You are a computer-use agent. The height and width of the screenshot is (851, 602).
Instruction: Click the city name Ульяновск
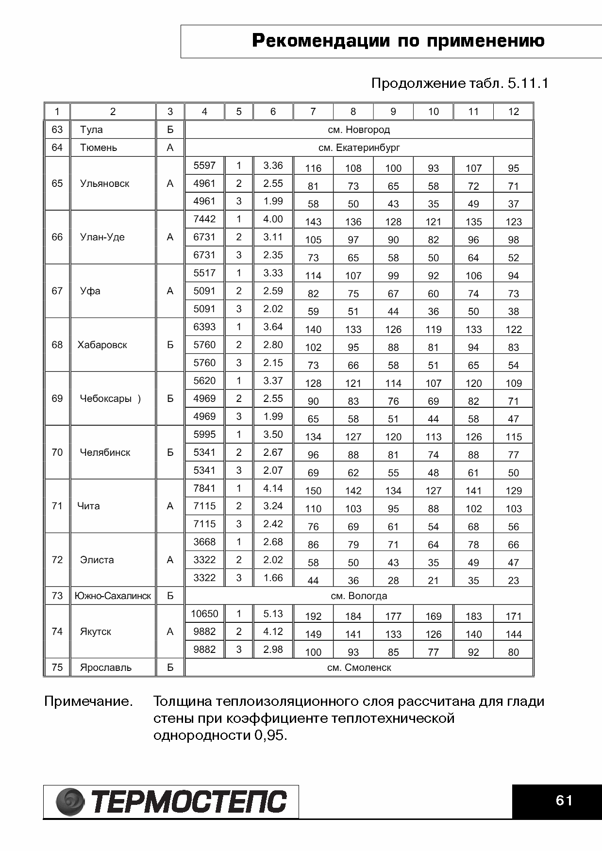[104, 184]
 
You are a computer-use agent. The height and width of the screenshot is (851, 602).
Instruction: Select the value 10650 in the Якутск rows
[204, 614]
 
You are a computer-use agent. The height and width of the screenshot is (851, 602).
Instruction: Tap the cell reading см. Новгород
[359, 130]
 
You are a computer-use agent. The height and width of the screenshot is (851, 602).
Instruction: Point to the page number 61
[564, 801]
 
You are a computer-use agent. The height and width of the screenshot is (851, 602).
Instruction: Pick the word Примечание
[88, 701]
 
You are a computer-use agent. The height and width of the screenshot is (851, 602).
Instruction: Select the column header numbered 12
[513, 112]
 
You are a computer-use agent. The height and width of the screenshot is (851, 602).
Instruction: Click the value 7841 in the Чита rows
[204, 488]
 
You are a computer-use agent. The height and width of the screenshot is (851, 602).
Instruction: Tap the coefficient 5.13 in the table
[273, 614]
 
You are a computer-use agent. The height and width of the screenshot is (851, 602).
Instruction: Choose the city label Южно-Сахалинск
[113, 596]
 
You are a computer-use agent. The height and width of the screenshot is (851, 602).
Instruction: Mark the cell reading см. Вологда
[359, 596]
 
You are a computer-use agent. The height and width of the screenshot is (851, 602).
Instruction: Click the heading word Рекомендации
[321, 41]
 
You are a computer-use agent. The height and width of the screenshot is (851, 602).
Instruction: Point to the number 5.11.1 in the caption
[528, 83]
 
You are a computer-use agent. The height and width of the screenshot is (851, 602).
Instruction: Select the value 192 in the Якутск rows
[313, 617]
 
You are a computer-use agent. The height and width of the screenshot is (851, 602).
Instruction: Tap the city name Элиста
[97, 560]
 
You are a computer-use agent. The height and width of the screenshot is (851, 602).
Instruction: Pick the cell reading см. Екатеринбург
[359, 148]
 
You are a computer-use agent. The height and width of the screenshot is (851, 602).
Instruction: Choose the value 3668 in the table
[204, 542]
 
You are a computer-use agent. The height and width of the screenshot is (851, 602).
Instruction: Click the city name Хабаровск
[102, 345]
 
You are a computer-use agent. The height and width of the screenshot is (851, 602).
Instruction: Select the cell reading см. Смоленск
[359, 667]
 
